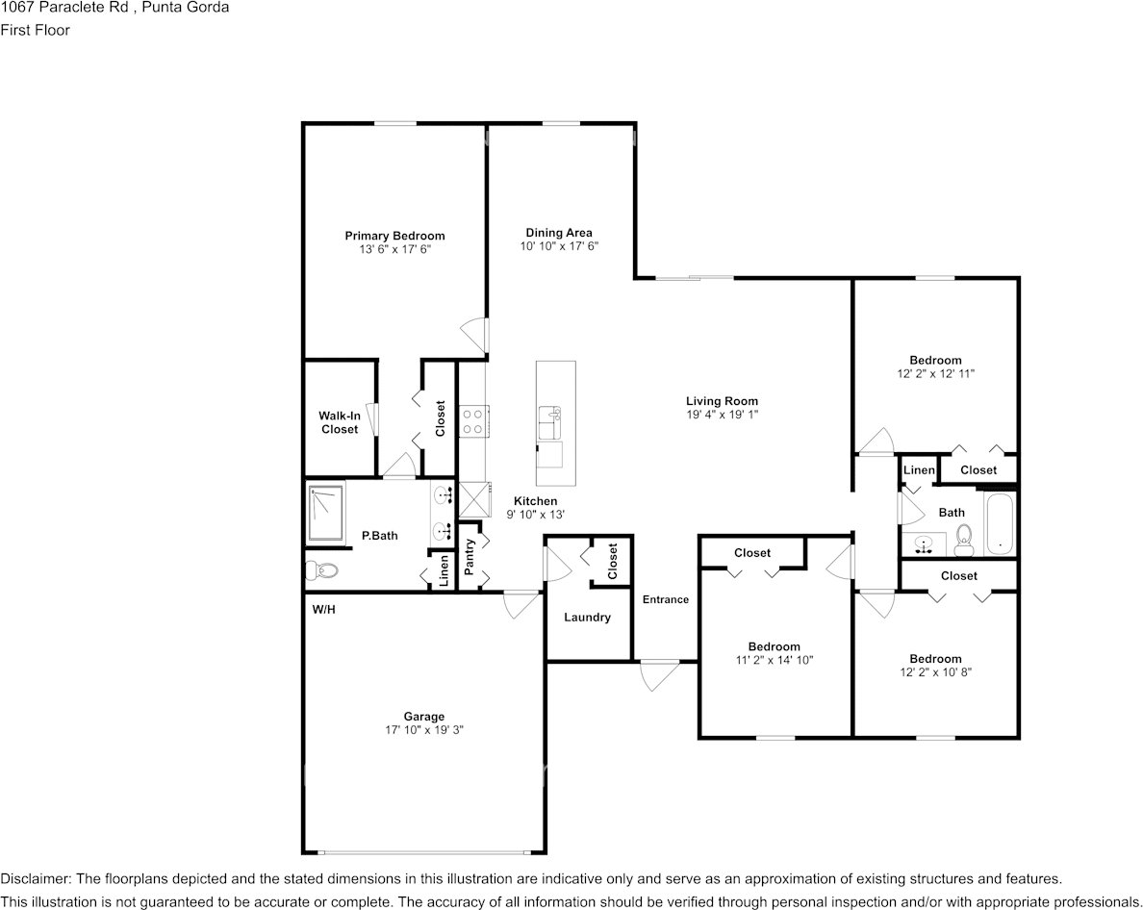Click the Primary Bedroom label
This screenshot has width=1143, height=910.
click(394, 236)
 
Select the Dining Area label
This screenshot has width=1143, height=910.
click(558, 233)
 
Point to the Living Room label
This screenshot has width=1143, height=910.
click(722, 401)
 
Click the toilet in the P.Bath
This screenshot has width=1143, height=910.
click(322, 570)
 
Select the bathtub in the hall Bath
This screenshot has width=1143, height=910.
click(999, 524)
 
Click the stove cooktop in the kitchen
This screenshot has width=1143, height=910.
click(472, 421)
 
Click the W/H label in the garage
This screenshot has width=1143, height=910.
click(323, 610)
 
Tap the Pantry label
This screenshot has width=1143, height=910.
click(470, 557)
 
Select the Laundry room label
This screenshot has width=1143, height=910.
click(587, 617)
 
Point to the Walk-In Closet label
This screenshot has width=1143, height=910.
click(339, 422)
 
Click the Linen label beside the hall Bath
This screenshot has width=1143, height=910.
click(919, 470)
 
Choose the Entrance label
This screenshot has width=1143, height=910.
click(666, 599)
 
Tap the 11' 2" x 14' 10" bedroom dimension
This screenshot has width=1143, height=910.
click(775, 660)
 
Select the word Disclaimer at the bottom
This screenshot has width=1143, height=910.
click(35, 878)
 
